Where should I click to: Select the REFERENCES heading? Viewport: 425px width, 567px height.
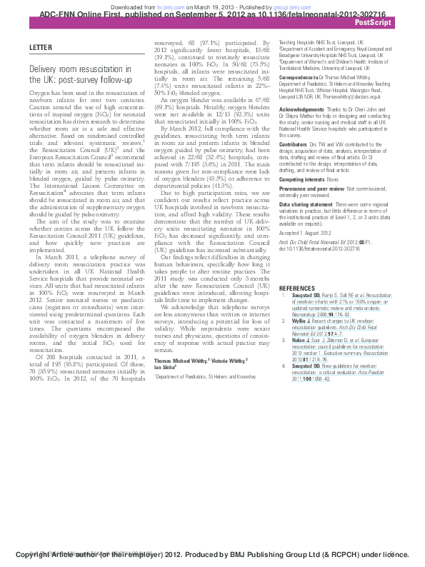(296, 288)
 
